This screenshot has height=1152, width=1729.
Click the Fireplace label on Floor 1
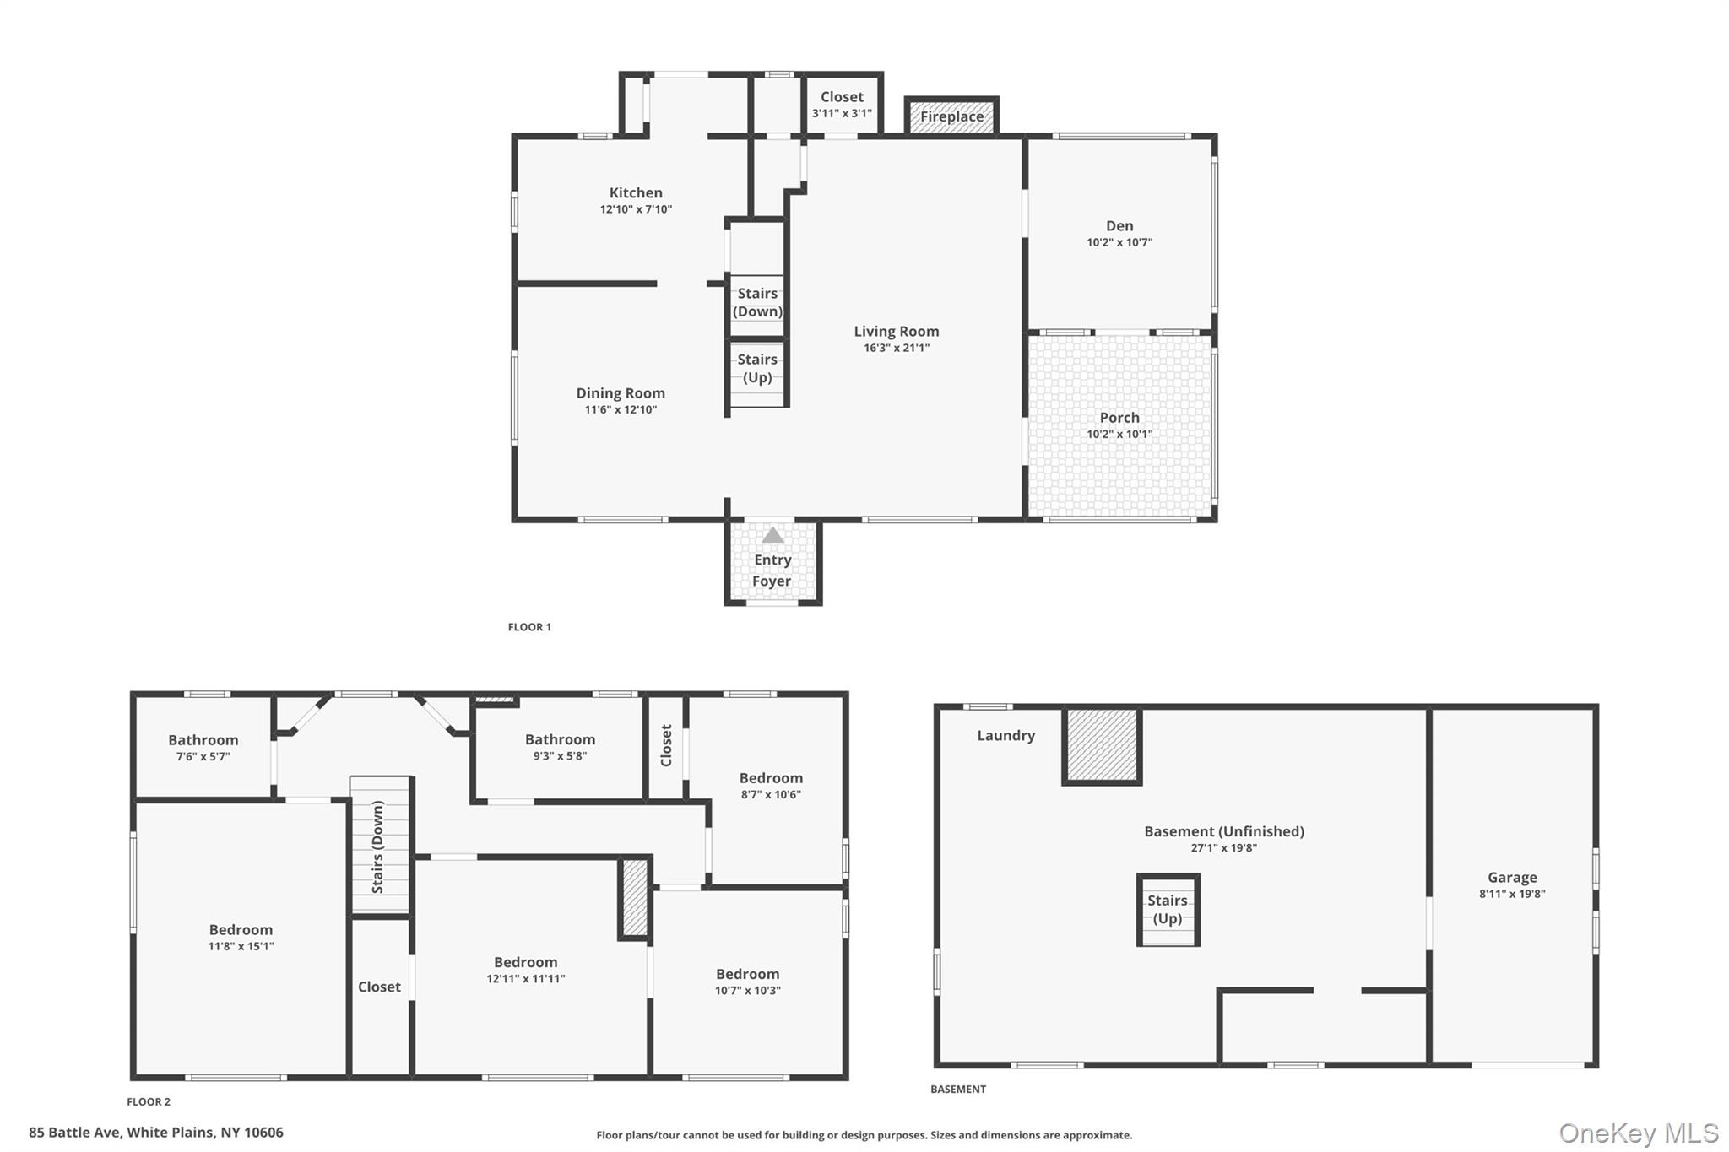(x=951, y=116)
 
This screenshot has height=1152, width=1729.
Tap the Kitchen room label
(x=636, y=193)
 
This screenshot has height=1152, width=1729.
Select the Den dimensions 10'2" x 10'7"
(x=1119, y=242)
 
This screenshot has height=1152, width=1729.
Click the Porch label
(x=1119, y=418)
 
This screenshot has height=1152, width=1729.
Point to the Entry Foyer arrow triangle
(x=772, y=536)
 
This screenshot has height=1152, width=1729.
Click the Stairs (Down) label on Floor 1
(x=757, y=302)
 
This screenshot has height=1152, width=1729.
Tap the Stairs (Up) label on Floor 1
(x=757, y=368)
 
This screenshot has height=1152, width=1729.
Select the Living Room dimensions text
(x=897, y=348)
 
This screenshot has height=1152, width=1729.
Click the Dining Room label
(x=621, y=393)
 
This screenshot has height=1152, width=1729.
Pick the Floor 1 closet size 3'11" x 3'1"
(x=842, y=113)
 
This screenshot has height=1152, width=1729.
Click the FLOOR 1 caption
(x=529, y=627)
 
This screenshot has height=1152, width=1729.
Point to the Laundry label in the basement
(x=1005, y=735)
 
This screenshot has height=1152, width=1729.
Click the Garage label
(x=1512, y=878)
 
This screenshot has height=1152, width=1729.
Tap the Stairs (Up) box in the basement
(x=1168, y=910)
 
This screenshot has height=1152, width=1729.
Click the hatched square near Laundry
(x=1102, y=745)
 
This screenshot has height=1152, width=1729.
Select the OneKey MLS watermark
(x=1639, y=1133)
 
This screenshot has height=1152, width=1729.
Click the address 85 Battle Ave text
(x=156, y=1133)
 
